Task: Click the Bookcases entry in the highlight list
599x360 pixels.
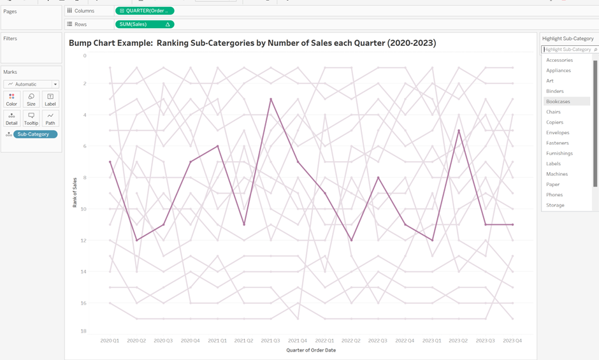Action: (558, 101)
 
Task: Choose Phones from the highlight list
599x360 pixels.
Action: (554, 195)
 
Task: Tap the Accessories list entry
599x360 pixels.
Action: (559, 60)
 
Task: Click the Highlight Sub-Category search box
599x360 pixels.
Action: (567, 49)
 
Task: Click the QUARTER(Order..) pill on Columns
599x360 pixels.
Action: (145, 11)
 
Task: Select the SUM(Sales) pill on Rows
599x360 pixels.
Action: (145, 24)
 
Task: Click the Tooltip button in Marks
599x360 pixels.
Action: (31, 118)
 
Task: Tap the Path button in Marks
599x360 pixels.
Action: (50, 118)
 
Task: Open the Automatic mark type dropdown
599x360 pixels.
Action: (31, 84)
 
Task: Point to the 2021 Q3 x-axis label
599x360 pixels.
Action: (271, 341)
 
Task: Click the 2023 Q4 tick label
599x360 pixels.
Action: (512, 341)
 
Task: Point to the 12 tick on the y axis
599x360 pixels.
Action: (83, 240)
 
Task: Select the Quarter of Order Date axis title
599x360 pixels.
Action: (311, 350)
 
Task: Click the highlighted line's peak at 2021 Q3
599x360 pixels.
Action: (271, 99)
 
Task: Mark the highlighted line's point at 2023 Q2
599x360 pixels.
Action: (459, 130)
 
